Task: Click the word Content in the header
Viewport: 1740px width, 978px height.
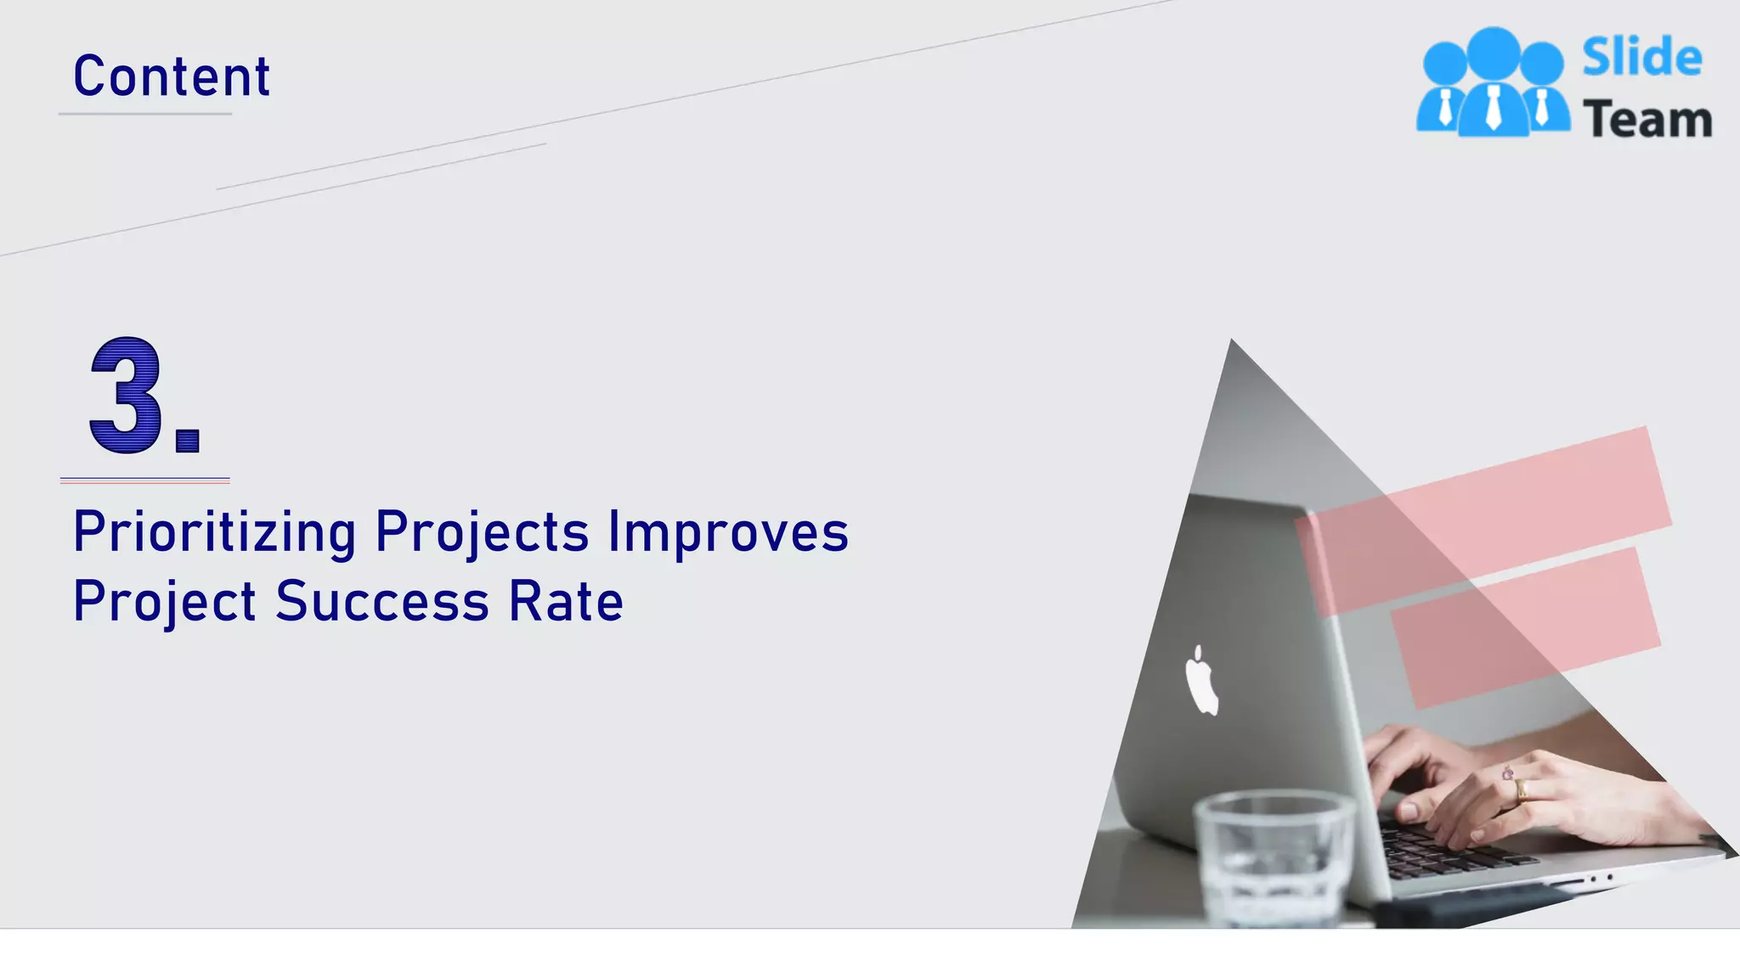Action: click(172, 76)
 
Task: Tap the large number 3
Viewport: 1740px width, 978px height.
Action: click(126, 396)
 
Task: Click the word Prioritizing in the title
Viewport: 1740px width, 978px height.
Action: click(214, 533)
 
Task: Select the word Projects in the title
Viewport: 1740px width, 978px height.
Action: click(482, 533)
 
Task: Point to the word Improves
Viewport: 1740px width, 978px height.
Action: click(728, 533)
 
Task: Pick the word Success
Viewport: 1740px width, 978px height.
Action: click(382, 602)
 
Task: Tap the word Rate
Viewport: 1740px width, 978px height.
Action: click(566, 602)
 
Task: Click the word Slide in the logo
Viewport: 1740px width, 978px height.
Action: click(1641, 58)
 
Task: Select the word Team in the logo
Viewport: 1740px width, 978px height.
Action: click(1647, 120)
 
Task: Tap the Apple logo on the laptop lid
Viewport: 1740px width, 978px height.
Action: click(1201, 681)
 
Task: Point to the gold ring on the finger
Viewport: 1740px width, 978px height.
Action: click(1521, 790)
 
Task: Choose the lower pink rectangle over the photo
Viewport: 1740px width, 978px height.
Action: click(1526, 627)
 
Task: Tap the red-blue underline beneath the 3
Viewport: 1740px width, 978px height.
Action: click(144, 481)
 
